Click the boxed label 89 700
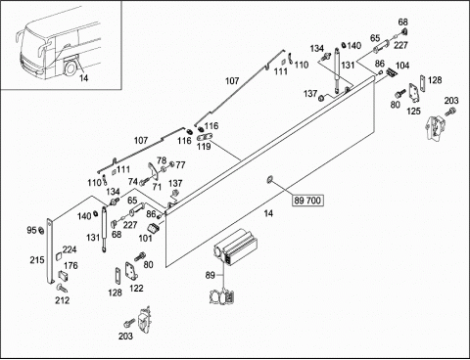coord(307,201)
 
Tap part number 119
coord(204,147)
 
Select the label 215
coord(37,260)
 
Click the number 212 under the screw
coord(62,300)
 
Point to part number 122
coord(136,289)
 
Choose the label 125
coord(413,112)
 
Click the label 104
coord(402,66)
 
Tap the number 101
coord(145,239)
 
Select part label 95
coord(31,230)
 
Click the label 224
coord(70,249)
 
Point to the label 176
coord(70,265)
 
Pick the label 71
coord(157,187)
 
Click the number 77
coord(180,165)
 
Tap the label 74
coord(133,181)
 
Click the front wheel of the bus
coord(70,68)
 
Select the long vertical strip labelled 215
coord(50,251)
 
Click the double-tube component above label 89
coord(235,247)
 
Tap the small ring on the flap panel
coord(270,179)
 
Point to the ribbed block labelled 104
coord(392,72)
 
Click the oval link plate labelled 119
coord(205,137)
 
